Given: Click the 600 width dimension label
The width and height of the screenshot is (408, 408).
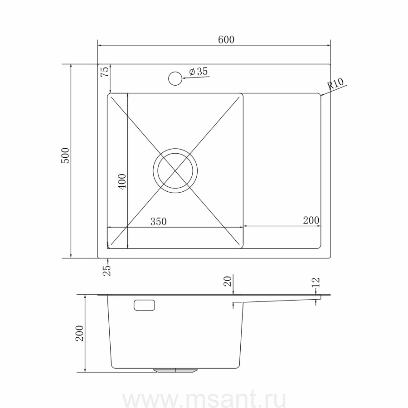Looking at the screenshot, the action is click(226, 39).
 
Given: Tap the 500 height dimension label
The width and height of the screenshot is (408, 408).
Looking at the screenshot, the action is click(65, 155).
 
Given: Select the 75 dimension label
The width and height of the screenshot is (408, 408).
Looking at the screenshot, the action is click(104, 72).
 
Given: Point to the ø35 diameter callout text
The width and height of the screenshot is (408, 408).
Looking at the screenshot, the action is click(199, 71).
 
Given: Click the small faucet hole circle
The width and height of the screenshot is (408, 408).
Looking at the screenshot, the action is click(175, 78).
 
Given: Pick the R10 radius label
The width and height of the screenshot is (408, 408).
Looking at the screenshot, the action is click(335, 84).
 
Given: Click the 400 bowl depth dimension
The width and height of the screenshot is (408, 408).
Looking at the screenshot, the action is click(122, 182).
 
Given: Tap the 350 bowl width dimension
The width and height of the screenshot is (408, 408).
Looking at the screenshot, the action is click(159, 221).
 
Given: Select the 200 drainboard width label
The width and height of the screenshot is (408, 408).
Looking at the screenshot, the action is click(311, 220).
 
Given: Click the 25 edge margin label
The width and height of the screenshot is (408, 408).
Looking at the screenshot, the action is click(107, 270).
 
